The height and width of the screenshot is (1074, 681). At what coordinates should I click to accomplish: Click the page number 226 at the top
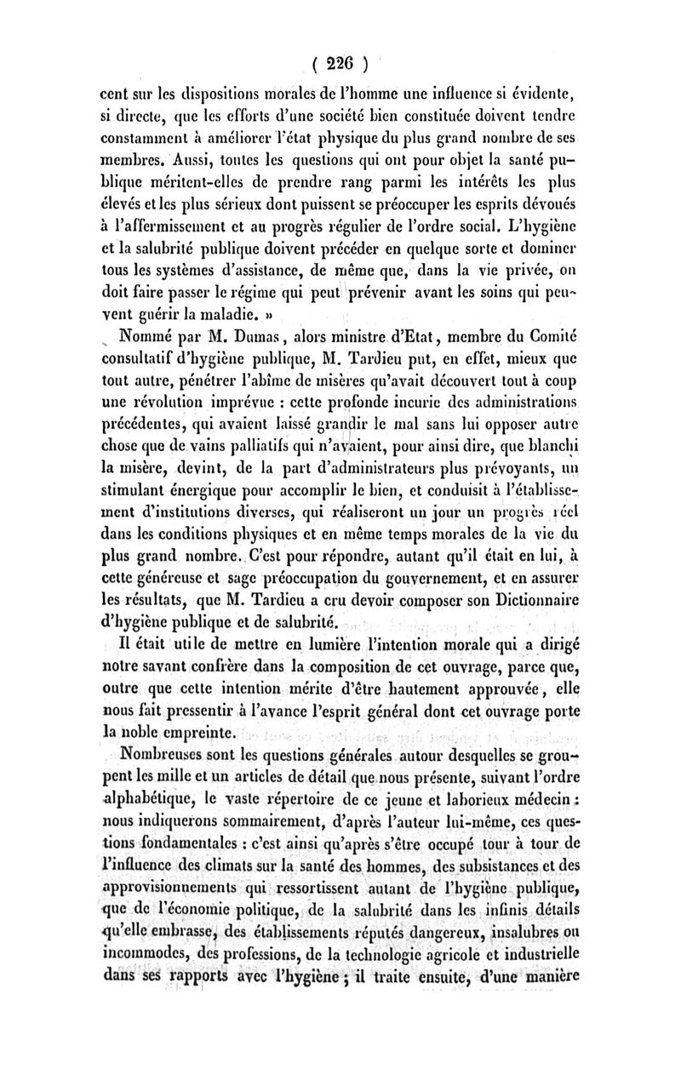340,62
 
